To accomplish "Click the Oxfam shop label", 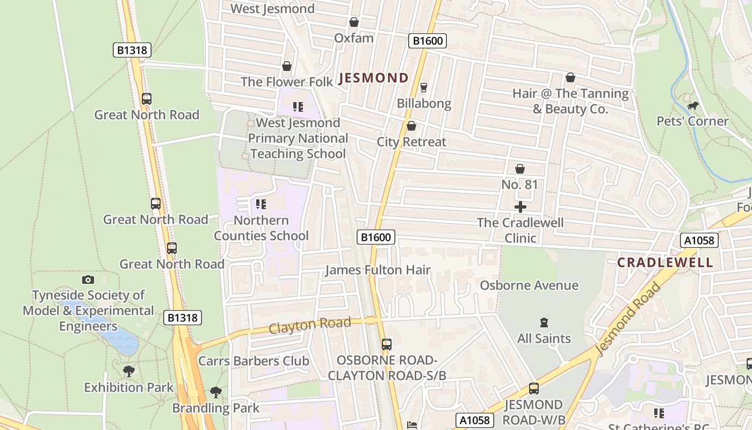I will coord(353,38).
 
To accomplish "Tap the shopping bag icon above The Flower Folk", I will coord(287,66).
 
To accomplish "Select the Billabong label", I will coord(424,103).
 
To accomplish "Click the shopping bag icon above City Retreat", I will coord(411,126).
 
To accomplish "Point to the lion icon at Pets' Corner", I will coord(693,105).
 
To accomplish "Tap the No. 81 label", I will coord(519,184).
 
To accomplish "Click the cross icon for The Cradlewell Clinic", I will coord(520,207).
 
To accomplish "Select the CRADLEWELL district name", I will coord(665,262).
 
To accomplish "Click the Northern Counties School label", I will coord(261,228).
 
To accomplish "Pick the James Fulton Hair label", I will coord(378,270).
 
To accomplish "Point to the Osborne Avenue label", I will coord(529,285).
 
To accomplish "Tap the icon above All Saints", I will coord(544,322).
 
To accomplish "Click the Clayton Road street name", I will coord(310,325).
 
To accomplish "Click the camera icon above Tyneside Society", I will coord(88,279).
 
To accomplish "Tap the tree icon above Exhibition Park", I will coord(128,371).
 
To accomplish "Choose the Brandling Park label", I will coord(215,408).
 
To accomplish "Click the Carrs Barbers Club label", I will coord(254,361).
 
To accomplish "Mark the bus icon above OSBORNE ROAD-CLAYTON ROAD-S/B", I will coord(387,344).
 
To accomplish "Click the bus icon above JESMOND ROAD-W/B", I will coord(533,388).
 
